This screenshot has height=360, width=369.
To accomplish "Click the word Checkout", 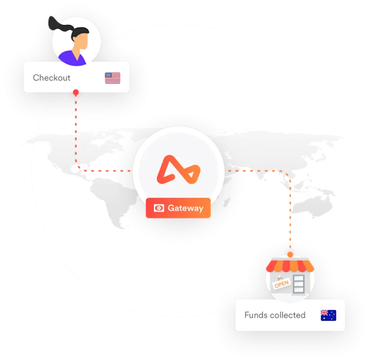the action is [x=51, y=78].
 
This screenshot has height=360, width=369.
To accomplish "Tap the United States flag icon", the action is [x=112, y=78].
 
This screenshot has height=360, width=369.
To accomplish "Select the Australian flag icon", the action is [x=328, y=315].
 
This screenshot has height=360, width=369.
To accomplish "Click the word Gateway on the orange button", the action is [x=185, y=208].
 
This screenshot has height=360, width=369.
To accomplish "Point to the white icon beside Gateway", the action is [x=159, y=208].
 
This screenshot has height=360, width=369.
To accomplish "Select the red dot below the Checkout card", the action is [x=75, y=93].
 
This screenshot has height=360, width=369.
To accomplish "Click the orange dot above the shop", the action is [x=290, y=254].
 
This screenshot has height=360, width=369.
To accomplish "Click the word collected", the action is [x=287, y=315].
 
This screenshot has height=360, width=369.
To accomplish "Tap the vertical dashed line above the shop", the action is [x=290, y=213].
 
